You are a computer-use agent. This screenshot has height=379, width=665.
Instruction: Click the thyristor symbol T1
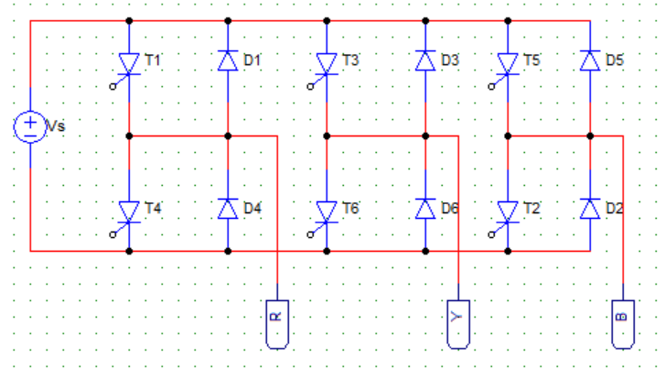tap(129, 64)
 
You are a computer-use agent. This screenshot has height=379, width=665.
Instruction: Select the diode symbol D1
tap(228, 60)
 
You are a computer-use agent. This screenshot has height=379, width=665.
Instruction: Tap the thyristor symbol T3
tap(327, 64)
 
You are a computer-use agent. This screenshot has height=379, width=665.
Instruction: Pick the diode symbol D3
tap(425, 60)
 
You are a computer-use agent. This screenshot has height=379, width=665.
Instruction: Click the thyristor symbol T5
tap(508, 64)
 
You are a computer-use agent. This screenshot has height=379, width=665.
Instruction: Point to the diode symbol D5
tap(590, 60)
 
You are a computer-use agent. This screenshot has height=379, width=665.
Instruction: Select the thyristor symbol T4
tap(129, 211)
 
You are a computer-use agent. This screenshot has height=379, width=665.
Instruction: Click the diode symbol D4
tap(228, 209)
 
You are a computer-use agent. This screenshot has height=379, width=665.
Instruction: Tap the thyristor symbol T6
tap(327, 211)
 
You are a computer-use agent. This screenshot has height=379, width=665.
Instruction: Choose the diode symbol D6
tap(425, 209)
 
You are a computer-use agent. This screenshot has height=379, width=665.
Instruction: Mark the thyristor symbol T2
tap(508, 211)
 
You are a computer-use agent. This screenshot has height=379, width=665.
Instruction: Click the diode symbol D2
tap(590, 209)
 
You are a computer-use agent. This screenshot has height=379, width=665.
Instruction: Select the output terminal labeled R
tap(277, 324)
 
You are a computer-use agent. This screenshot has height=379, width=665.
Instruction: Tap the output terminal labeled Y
tap(458, 324)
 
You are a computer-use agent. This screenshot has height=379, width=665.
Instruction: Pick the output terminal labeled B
tap(623, 324)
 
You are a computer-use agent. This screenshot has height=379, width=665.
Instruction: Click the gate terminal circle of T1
tap(113, 87)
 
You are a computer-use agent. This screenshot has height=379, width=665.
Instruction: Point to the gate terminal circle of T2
tap(491, 234)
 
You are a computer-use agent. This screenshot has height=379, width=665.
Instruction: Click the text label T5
tap(531, 60)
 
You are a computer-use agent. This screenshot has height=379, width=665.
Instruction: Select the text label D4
tap(252, 209)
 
